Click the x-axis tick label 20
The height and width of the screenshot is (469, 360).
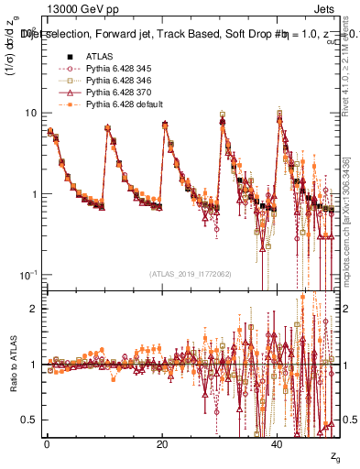coord(162,442)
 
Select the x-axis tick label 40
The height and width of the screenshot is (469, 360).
coord(278,442)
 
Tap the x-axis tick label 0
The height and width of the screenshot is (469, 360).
coord(47,442)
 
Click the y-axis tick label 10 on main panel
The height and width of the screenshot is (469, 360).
coord(30,113)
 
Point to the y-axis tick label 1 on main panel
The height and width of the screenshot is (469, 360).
coord(35,194)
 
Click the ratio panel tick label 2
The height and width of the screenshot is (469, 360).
coord(35,309)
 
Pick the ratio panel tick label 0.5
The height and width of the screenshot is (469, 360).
coord(30,420)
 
